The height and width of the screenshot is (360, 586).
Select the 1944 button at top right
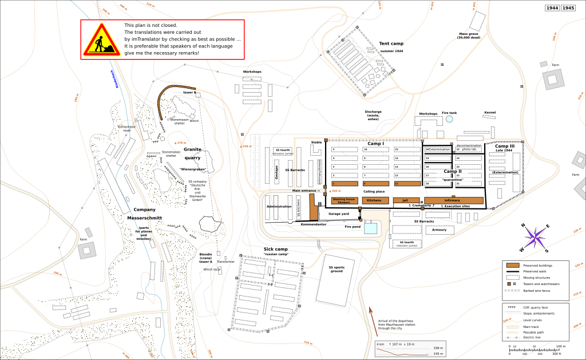(x=552, y=8)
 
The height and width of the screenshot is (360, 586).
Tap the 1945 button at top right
(x=568, y=8)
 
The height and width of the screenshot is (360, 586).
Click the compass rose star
(x=536, y=238)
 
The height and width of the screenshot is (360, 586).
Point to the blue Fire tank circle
(x=449, y=120)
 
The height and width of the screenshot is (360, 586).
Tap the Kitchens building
(x=374, y=200)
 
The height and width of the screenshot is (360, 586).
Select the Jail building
(x=405, y=200)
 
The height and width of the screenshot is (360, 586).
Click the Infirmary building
(x=452, y=200)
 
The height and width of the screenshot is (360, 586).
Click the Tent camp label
(x=391, y=43)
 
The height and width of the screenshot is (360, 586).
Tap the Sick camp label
(x=275, y=250)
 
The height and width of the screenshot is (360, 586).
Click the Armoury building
(x=439, y=230)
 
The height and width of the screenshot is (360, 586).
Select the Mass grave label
(x=468, y=35)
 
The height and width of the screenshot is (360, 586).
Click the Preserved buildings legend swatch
(x=513, y=264)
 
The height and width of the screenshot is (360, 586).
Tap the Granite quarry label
(x=192, y=153)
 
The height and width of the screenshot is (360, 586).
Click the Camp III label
(x=504, y=147)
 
